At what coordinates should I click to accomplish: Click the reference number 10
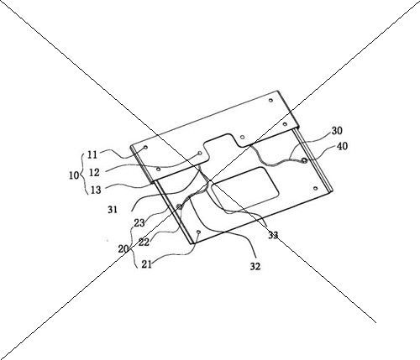(x=74, y=175)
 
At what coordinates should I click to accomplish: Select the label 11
(x=92, y=154)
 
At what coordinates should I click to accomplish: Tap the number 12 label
(x=94, y=173)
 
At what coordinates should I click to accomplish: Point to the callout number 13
(x=96, y=190)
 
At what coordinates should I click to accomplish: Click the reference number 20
(x=123, y=248)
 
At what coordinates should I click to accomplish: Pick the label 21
(x=147, y=264)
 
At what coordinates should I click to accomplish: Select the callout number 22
(x=144, y=242)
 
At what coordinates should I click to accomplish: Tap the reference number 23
(x=139, y=223)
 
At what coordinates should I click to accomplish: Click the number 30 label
(x=337, y=131)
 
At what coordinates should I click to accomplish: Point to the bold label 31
(x=113, y=210)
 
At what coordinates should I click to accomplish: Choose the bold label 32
(x=255, y=267)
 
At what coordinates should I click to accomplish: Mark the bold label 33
(x=273, y=235)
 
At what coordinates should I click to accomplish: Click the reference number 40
(x=342, y=146)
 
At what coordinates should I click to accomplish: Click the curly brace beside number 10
(x=82, y=174)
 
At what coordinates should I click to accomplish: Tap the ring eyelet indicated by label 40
(x=305, y=160)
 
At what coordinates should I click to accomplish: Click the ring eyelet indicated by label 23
(x=180, y=206)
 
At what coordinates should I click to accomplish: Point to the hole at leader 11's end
(x=145, y=147)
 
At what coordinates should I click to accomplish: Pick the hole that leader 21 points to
(x=198, y=232)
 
